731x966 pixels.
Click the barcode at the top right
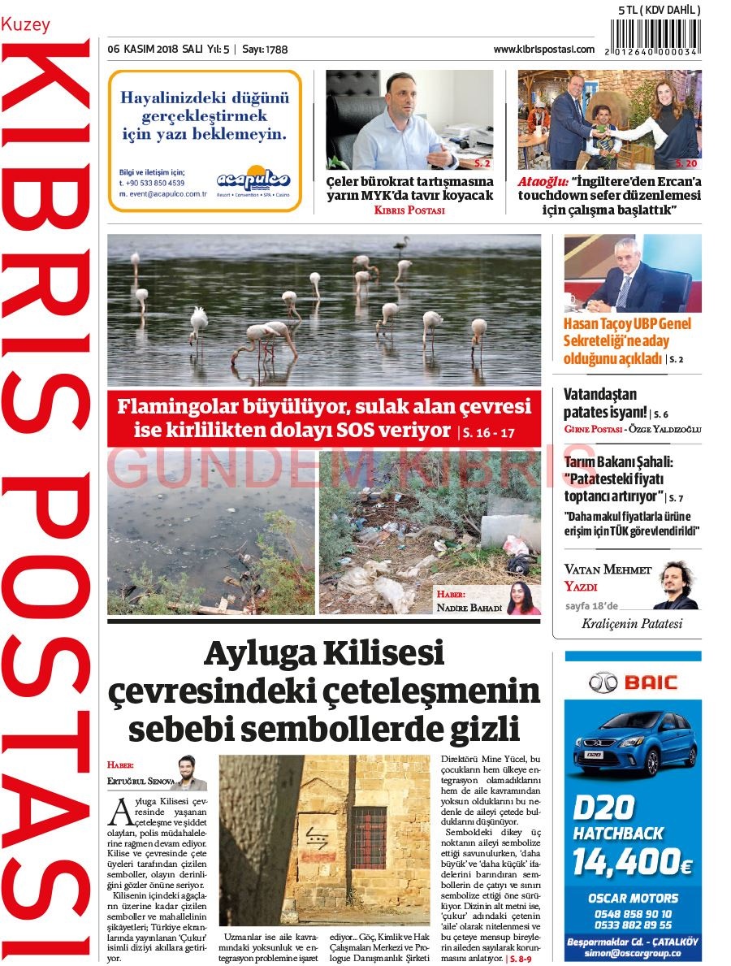click(653, 37)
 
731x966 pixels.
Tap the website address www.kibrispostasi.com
click(543, 50)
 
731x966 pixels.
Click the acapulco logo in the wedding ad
click(253, 180)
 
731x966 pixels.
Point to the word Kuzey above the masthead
click(25, 24)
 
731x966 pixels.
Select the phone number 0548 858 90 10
click(633, 914)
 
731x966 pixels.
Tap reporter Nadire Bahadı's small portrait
click(523, 598)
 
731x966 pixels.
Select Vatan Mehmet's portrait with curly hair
click(676, 584)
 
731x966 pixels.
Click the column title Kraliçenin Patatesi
click(632, 624)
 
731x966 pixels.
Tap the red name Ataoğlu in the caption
click(542, 182)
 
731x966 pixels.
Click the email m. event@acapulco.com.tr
click(162, 194)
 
